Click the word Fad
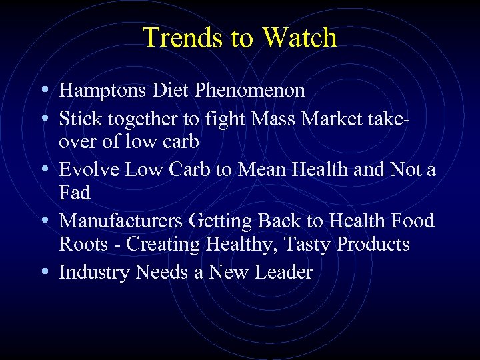click(x=74, y=193)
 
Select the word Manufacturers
click(x=121, y=221)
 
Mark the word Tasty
click(x=308, y=245)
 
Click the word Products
click(x=373, y=244)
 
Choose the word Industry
click(x=95, y=272)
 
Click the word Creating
click(x=163, y=245)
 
